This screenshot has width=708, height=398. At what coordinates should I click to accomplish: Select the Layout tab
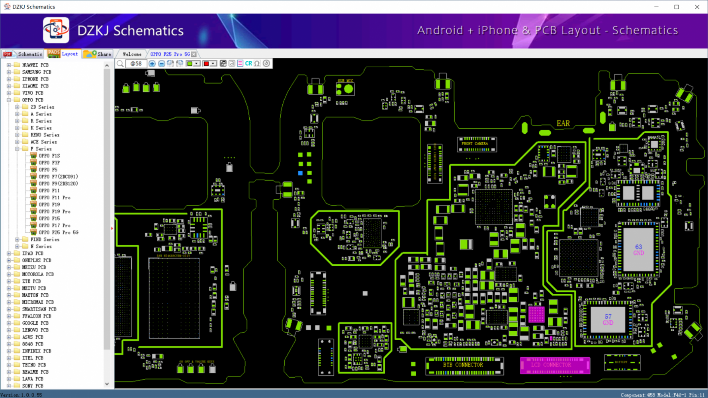pyautogui.click(x=64, y=54)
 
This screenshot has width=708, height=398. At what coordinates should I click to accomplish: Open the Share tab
pyautogui.click(x=98, y=54)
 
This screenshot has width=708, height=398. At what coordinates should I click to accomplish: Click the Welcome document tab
pyautogui.click(x=132, y=54)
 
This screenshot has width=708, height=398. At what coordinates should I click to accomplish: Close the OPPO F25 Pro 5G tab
pyautogui.click(x=194, y=54)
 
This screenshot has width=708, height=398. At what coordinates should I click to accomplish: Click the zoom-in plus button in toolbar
pyautogui.click(x=152, y=64)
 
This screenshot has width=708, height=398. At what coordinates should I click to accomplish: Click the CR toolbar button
pyautogui.click(x=248, y=64)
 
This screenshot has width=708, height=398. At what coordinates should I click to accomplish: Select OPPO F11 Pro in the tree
pyautogui.click(x=54, y=197)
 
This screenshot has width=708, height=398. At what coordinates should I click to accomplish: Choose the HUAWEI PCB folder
pyautogui.click(x=35, y=65)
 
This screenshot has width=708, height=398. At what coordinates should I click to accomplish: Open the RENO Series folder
pyautogui.click(x=45, y=135)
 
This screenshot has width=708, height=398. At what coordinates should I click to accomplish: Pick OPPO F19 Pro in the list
pyautogui.click(x=54, y=211)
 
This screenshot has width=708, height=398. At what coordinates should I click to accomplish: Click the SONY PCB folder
pyautogui.click(x=33, y=386)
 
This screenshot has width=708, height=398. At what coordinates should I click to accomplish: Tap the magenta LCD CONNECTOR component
pyautogui.click(x=555, y=365)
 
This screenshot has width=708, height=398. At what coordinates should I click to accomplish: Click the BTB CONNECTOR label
pyautogui.click(x=463, y=365)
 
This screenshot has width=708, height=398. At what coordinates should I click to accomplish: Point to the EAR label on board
pyautogui.click(x=563, y=123)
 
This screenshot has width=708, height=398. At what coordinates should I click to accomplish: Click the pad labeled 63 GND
pyautogui.click(x=638, y=250)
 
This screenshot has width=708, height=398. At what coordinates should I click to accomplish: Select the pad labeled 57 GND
pyautogui.click(x=608, y=320)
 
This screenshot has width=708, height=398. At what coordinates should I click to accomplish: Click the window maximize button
pyautogui.click(x=677, y=7)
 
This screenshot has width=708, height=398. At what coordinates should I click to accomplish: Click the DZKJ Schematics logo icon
pyautogui.click(x=56, y=30)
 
